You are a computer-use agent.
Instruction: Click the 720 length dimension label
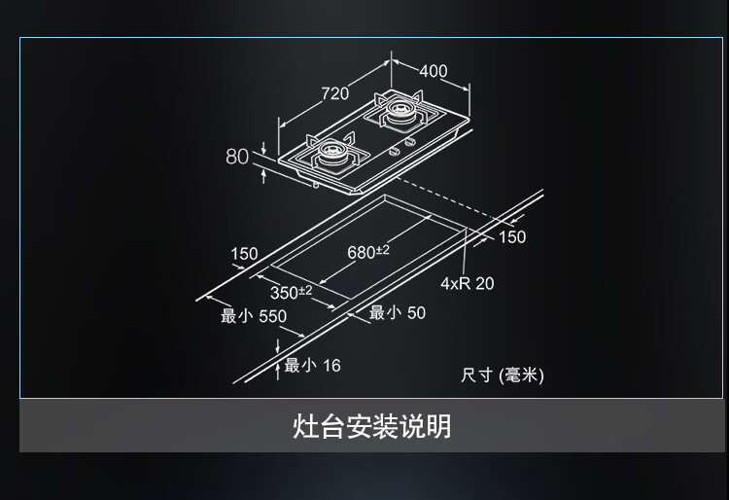pyautogui.click(x=334, y=93)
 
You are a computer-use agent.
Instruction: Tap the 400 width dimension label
pyautogui.click(x=434, y=71)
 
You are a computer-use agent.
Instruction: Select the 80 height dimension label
pyautogui.click(x=237, y=157)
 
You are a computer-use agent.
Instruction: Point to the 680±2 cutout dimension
pyautogui.click(x=368, y=252)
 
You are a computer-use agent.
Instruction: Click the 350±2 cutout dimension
pyautogui.click(x=292, y=292)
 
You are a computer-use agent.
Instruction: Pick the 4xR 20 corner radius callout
pyautogui.click(x=468, y=283)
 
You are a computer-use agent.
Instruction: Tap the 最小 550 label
pyautogui.click(x=254, y=316)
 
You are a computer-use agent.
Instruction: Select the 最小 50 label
pyautogui.click(x=398, y=312)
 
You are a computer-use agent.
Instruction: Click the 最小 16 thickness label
pyautogui.click(x=312, y=365)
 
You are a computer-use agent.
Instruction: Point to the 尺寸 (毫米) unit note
pyautogui.click(x=503, y=375)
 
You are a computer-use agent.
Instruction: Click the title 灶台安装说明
pyautogui.click(x=371, y=426)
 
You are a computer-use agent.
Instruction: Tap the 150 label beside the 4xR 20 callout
pyautogui.click(x=512, y=236)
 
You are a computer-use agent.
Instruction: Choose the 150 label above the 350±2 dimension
pyautogui.click(x=244, y=254)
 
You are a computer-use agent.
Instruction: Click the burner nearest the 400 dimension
pyautogui.click(x=399, y=110)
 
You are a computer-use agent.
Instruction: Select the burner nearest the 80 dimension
pyautogui.click(x=332, y=151)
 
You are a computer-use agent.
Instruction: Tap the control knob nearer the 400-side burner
pyautogui.click(x=409, y=142)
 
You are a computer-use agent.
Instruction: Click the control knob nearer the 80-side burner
pyautogui.click(x=395, y=151)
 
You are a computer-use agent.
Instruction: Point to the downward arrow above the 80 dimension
pyautogui.click(x=263, y=149)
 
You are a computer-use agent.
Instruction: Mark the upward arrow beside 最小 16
pyautogui.click(x=278, y=372)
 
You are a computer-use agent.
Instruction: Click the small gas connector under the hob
pyautogui.click(x=316, y=186)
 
